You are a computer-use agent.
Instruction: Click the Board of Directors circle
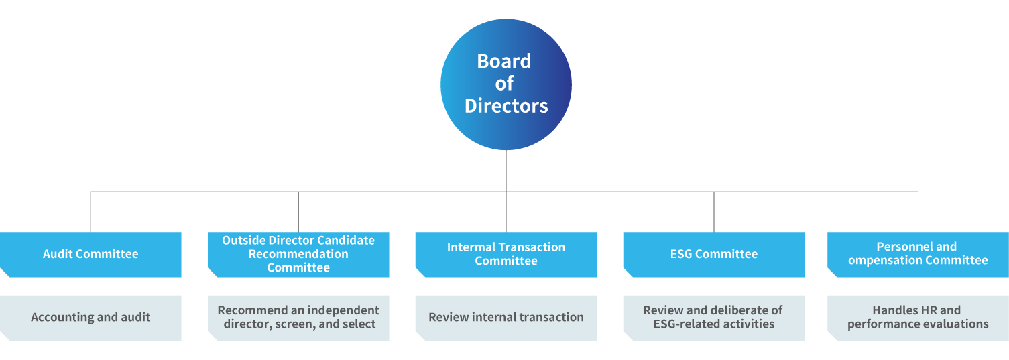coord(506,84)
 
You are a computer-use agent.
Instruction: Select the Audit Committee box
coord(91,255)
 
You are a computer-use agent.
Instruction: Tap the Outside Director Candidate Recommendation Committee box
coord(298,255)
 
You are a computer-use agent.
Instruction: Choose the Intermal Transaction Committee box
coord(506,255)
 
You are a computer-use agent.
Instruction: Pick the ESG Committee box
coord(714,255)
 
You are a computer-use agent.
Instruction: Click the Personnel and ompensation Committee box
coord(918,255)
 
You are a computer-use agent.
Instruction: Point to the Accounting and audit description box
coord(91,318)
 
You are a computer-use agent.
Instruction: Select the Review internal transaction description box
coord(506,318)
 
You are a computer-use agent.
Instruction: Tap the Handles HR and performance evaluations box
coord(918,318)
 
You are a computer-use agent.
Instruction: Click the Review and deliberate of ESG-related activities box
coord(714,318)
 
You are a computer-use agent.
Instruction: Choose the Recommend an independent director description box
coord(298,318)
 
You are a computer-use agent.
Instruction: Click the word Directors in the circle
coord(506,106)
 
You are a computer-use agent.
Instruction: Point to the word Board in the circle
coord(504,61)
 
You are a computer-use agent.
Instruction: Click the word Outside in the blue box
coord(244,241)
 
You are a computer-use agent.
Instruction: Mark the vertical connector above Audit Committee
coord(91,212)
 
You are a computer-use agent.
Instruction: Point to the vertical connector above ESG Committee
coord(714,212)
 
